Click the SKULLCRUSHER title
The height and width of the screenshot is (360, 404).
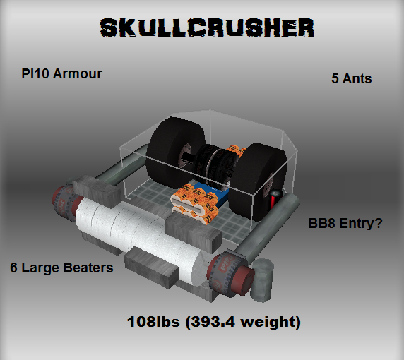[207, 28]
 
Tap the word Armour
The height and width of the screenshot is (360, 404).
[78, 73]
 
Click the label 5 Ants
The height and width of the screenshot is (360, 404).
[352, 78]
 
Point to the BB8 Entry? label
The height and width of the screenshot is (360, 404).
[345, 223]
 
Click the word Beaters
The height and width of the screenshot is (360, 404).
[88, 268]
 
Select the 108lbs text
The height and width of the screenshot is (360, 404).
[153, 322]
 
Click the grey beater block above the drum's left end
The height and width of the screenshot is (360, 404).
[97, 191]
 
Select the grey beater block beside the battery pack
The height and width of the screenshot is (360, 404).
[194, 232]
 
